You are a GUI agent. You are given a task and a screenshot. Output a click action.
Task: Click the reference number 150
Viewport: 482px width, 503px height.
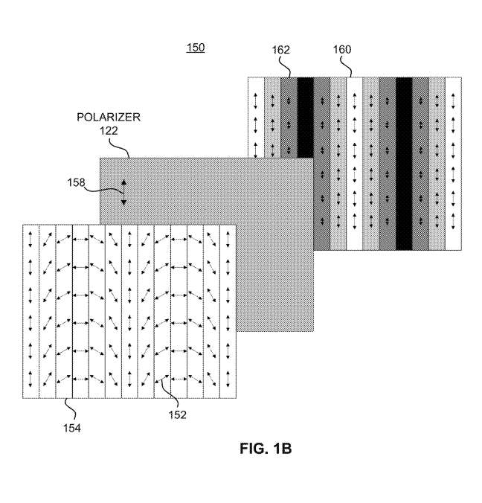[196, 48]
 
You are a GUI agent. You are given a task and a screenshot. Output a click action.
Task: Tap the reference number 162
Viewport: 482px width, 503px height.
[281, 50]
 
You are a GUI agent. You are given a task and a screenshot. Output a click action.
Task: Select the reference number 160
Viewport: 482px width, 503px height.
[342, 49]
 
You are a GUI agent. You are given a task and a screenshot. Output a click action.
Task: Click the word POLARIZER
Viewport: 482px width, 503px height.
[109, 117]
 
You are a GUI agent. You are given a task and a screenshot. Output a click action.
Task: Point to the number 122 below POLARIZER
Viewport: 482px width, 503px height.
[109, 131]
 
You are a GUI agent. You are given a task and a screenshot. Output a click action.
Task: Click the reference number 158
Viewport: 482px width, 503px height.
[76, 182]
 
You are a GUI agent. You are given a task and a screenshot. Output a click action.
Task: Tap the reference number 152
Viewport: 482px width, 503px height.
[177, 414]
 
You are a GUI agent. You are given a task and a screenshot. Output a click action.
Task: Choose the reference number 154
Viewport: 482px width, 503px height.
[72, 428]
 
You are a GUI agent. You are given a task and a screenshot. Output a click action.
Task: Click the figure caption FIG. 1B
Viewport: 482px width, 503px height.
[266, 448]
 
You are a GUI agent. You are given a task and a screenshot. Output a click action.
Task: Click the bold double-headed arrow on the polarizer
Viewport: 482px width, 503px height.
[123, 193]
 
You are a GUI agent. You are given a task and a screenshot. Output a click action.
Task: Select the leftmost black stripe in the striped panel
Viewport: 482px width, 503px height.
[305, 118]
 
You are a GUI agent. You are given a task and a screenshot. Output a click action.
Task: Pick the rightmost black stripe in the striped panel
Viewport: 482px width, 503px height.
[404, 164]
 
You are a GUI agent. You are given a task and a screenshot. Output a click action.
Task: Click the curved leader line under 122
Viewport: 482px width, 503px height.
[120, 147]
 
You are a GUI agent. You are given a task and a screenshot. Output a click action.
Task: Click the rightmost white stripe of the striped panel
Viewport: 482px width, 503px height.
[453, 164]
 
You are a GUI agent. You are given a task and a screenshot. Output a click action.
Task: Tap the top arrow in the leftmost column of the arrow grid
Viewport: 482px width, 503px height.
[30, 240]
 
